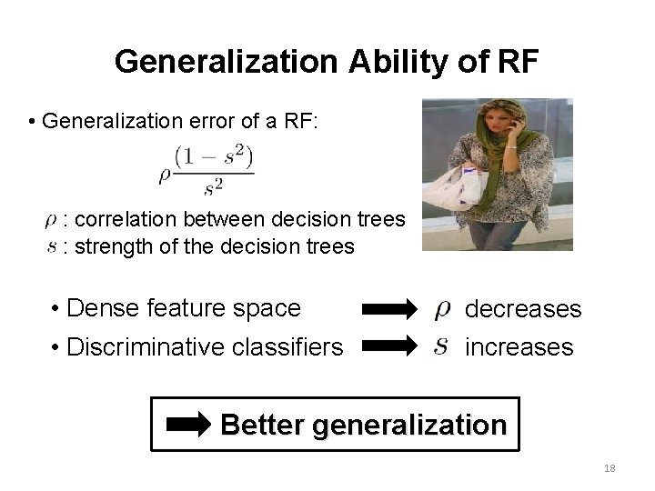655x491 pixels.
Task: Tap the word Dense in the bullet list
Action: pyautogui.click(x=97, y=308)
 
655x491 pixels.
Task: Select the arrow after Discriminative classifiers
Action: pyautogui.click(x=390, y=346)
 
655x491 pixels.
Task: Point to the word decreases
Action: pyautogui.click(x=522, y=309)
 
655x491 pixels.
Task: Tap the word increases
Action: pyautogui.click(x=519, y=346)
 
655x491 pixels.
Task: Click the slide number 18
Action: pyautogui.click(x=609, y=466)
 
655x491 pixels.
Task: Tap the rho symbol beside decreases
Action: pyautogui.click(x=442, y=310)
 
